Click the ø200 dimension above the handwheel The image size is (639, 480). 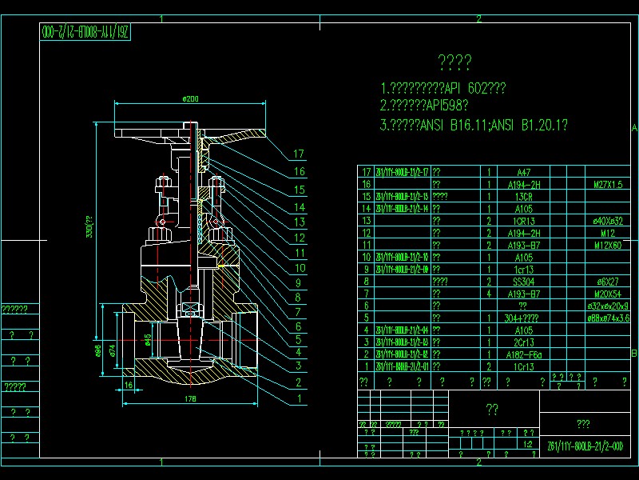click(x=190, y=98)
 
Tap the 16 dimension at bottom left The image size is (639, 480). click(x=129, y=385)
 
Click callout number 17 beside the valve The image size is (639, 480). click(x=299, y=154)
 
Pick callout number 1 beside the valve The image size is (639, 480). click(x=299, y=398)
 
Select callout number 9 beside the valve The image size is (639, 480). click(x=299, y=282)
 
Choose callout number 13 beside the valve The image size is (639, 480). click(x=299, y=222)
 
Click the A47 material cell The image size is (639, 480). click(x=523, y=172)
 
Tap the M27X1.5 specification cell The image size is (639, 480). click(x=608, y=184)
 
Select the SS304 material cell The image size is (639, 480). click(x=523, y=282)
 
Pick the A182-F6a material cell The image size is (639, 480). click(x=523, y=354)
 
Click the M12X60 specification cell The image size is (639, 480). click(x=608, y=245)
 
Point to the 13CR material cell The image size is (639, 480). click(x=523, y=196)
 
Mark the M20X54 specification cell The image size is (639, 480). click(x=608, y=294)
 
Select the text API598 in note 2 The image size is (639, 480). click(x=443, y=106)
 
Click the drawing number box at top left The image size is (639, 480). click(x=85, y=33)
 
